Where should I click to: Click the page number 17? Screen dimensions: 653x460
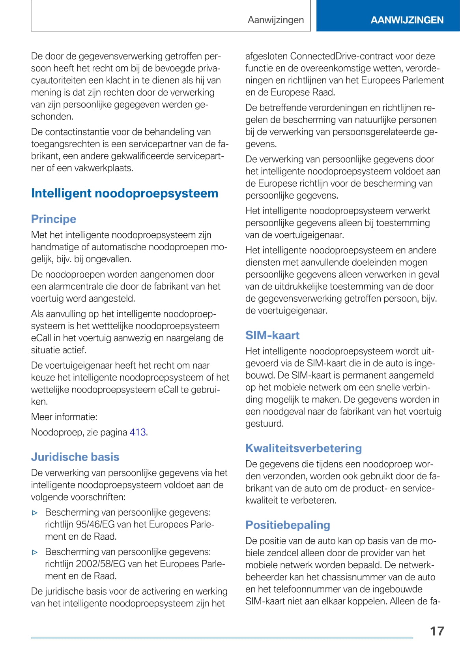[437, 631]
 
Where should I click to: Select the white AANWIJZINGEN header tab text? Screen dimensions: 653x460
[407, 20]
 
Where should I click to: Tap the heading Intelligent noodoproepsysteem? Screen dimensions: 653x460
[125, 193]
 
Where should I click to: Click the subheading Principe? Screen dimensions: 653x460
[54, 219]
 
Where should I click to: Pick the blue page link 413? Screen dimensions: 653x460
[138, 432]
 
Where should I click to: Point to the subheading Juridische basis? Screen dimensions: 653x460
[75, 457]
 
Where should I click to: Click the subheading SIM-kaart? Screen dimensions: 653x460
[272, 335]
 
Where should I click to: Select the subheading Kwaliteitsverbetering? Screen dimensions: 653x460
[303, 448]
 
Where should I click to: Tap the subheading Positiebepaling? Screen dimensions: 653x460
[288, 525]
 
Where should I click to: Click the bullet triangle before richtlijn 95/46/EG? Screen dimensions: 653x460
[35, 513]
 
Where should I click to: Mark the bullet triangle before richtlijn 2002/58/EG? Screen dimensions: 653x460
[35, 552]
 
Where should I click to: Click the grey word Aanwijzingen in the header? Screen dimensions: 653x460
[276, 20]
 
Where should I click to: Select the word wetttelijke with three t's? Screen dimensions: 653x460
[133, 326]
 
